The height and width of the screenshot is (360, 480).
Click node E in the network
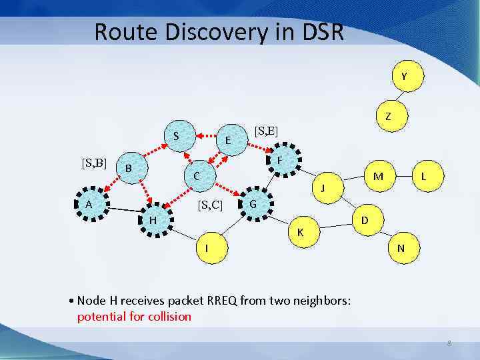tap(228, 141)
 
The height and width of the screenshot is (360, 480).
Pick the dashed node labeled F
tap(281, 161)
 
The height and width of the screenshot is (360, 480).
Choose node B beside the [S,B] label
tap(129, 169)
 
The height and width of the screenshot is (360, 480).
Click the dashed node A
tap(89, 205)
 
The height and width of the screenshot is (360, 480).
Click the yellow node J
tap(323, 188)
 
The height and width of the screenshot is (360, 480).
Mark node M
tap(378, 177)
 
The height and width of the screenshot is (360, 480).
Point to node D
tap(365, 219)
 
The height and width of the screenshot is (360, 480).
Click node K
tap(301, 232)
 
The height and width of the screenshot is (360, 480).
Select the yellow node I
tap(208, 248)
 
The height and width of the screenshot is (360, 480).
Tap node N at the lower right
tap(401, 248)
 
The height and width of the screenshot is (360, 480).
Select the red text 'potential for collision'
tap(134, 316)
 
